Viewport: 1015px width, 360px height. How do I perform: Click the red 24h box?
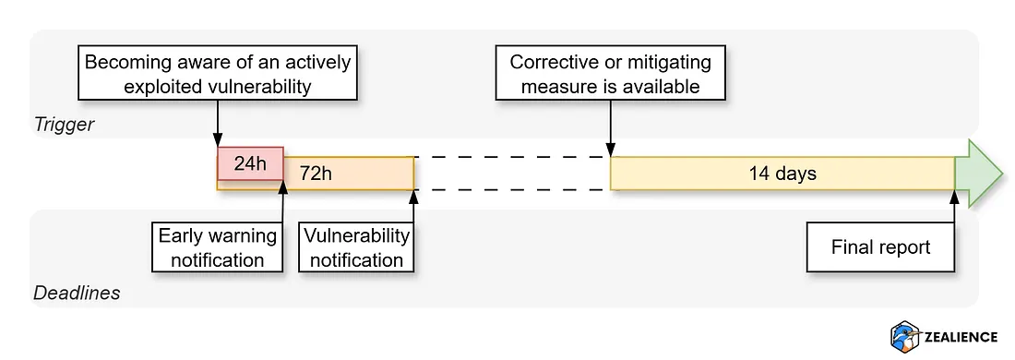point(249,163)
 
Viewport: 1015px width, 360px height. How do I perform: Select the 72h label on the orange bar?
point(315,174)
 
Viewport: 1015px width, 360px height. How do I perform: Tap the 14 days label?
point(782,174)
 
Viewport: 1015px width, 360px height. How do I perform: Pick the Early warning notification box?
point(217,246)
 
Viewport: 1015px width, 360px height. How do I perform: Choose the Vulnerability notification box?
point(356,246)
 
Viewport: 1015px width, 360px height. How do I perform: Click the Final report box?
point(880,246)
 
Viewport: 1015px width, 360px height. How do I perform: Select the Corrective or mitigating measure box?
point(610,75)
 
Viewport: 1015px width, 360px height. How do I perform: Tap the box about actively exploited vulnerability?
point(217,75)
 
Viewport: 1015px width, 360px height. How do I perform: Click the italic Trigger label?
point(64,124)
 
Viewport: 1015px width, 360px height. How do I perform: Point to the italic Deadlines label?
point(77,294)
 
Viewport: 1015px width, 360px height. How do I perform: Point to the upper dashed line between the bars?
point(511,157)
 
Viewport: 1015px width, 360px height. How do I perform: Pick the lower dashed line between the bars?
point(511,190)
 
